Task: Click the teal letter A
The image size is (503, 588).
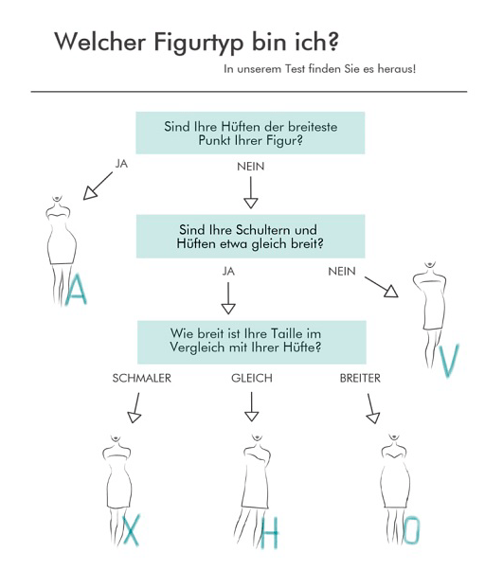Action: (76, 289)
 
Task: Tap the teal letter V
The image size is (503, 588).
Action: (449, 360)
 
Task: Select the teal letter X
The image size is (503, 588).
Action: (132, 530)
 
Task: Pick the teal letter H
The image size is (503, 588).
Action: (270, 533)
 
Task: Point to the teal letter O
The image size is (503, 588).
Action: (411, 530)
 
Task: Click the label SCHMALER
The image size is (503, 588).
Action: (142, 378)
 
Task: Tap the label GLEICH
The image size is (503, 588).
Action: (252, 378)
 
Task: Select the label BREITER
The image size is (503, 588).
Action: (360, 378)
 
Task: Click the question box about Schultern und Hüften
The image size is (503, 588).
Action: (251, 237)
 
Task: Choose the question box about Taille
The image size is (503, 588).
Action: (252, 342)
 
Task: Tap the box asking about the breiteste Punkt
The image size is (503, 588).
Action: (250, 133)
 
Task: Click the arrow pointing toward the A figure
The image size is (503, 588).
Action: (98, 186)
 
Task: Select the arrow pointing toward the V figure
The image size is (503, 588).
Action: (381, 287)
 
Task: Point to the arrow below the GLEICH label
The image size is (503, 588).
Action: (251, 407)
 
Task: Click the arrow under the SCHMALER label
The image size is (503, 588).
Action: (135, 408)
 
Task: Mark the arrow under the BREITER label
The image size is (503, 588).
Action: (372, 409)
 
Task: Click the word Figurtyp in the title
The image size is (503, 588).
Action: (199, 43)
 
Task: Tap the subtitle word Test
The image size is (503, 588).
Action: (296, 69)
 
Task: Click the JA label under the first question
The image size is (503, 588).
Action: (121, 164)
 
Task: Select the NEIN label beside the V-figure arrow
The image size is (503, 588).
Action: (342, 271)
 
